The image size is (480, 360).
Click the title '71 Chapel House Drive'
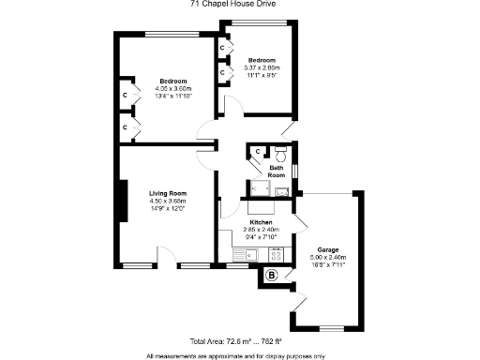(239, 4)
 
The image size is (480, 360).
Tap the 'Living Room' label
(169, 194)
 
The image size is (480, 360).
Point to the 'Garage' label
(327, 250)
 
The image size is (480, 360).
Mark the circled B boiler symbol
(272, 275)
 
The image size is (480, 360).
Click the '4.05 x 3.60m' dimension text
(172, 89)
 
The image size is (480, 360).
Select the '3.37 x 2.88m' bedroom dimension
(260, 67)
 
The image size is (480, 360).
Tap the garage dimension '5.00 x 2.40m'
(327, 257)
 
